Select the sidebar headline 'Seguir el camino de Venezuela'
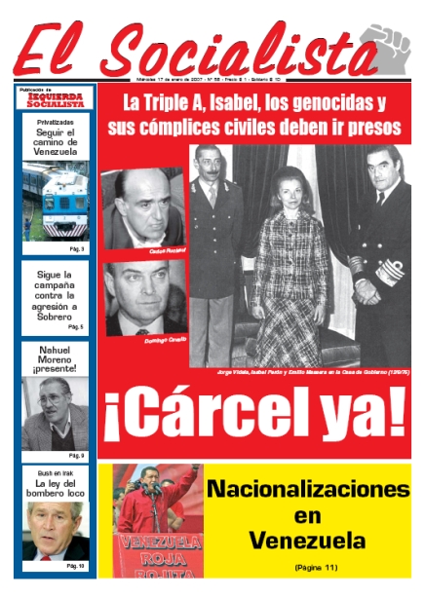click(57, 143)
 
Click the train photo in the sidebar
click(57, 202)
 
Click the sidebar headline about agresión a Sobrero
click(57, 295)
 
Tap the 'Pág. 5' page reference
click(76, 328)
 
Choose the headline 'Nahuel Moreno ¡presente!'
click(57, 360)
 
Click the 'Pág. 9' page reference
click(76, 455)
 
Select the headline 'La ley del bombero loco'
click(57, 488)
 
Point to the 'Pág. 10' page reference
click(76, 566)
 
